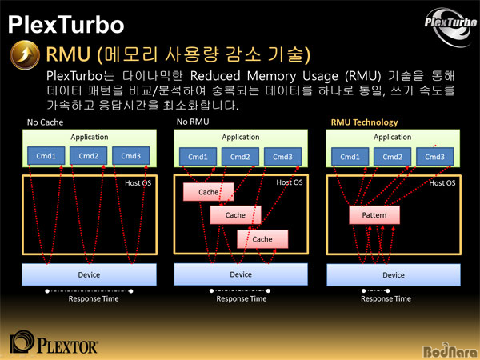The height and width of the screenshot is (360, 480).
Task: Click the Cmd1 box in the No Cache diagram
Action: click(46, 156)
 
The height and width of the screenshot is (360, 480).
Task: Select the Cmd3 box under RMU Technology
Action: click(434, 157)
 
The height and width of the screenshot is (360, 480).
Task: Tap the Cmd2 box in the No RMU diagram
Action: click(240, 157)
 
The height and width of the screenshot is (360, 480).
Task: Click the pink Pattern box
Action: click(374, 215)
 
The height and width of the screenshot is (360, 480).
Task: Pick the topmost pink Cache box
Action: click(209, 192)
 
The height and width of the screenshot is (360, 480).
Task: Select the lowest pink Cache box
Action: click(262, 239)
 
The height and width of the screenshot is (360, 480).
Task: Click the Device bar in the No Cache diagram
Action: click(89, 274)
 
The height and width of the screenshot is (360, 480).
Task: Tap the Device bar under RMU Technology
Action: click(394, 275)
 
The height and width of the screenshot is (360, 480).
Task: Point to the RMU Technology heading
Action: click(364, 122)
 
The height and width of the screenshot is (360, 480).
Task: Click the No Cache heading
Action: click(45, 122)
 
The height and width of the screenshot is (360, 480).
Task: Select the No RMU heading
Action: click(193, 122)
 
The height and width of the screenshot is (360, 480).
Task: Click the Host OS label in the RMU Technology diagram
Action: click(442, 183)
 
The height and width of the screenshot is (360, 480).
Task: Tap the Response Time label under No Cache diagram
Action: click(94, 298)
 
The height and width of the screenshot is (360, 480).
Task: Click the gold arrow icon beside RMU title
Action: click(25, 55)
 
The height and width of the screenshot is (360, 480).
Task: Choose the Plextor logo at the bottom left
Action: click(54, 342)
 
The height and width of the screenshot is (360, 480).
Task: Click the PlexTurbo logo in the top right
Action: click(450, 27)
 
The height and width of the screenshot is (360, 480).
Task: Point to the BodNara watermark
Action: click(450, 350)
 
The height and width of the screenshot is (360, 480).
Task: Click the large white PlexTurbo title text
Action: click(66, 25)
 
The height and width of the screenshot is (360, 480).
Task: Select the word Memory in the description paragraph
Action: click(271, 76)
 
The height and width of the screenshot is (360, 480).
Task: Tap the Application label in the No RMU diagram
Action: click(241, 137)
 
